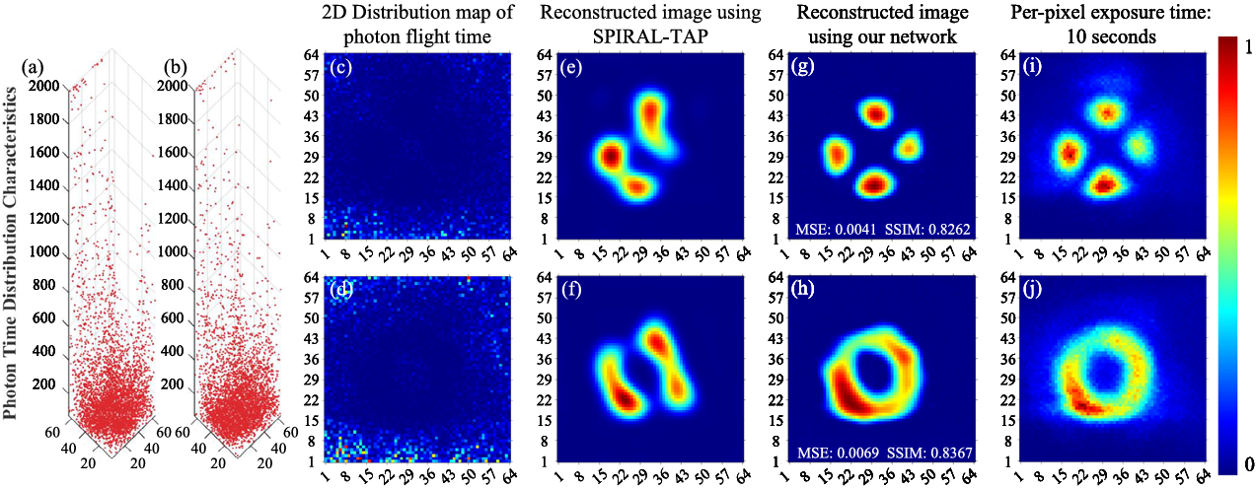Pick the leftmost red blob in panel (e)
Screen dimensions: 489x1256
(609, 156)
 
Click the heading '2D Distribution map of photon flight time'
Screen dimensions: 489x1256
(417, 27)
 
